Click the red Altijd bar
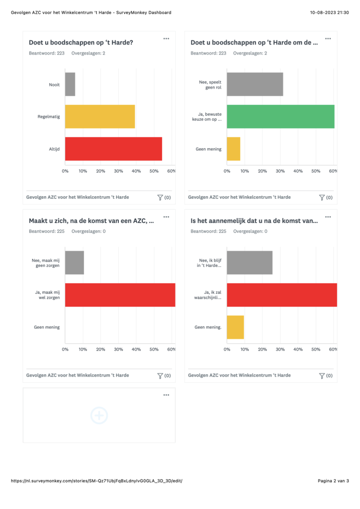[x=113, y=149]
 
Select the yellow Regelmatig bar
[x=100, y=117]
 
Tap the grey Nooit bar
[x=70, y=84]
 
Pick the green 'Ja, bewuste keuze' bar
[x=280, y=117]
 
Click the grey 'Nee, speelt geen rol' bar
[x=255, y=84]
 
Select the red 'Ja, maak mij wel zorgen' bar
[x=120, y=295]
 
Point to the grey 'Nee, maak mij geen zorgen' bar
[x=74, y=262]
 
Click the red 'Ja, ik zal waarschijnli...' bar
[x=282, y=295]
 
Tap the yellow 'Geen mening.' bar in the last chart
[x=235, y=327]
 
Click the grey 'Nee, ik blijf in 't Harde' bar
[x=249, y=262]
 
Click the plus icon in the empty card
[x=99, y=415]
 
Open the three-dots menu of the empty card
[x=166, y=395]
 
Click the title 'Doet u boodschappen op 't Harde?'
[x=81, y=43]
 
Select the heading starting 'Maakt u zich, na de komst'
[x=91, y=221]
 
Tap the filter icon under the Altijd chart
[x=160, y=197]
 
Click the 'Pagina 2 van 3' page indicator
[x=333, y=481]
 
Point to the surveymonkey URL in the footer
[x=97, y=481]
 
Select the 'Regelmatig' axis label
[x=49, y=117]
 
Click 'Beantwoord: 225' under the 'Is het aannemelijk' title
[x=208, y=231]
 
